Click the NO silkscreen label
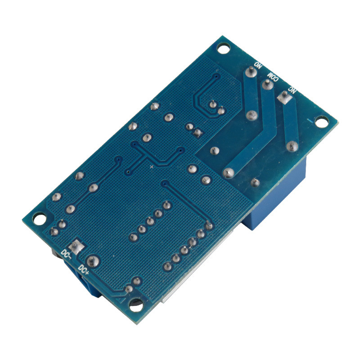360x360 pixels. pyautogui.click(x=258, y=65)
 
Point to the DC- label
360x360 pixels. pyautogui.click(x=66, y=254)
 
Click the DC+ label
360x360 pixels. pyautogui.click(x=84, y=269)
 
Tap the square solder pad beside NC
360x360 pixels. pyautogui.click(x=285, y=97)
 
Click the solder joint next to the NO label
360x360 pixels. pyautogui.click(x=251, y=72)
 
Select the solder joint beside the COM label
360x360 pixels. pyautogui.click(x=267, y=85)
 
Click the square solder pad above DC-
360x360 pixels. pyautogui.click(x=76, y=247)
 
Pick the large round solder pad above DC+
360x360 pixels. pyautogui.click(x=92, y=261)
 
